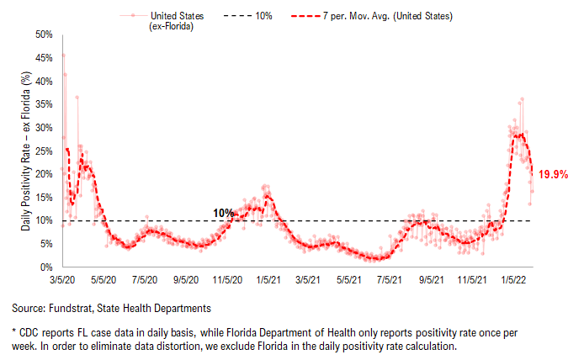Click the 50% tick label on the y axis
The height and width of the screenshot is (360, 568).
44,34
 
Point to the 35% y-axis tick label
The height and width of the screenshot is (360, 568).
44,104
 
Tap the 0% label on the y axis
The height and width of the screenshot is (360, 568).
46,267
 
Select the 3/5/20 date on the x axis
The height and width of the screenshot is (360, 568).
62,280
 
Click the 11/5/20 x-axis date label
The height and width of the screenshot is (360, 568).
227,280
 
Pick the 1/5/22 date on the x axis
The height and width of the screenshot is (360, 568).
513,280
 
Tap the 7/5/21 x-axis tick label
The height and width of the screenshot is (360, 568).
390,280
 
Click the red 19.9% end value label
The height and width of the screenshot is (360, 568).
553,175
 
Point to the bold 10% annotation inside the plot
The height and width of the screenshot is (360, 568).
223,213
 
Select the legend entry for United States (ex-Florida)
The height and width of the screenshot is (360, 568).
162,21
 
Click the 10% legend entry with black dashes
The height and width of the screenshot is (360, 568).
247,16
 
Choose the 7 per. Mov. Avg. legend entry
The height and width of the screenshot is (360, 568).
372,16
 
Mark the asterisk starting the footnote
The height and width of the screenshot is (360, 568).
14,331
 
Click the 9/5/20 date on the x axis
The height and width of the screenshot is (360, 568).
186,280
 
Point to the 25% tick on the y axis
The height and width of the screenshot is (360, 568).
44,151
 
